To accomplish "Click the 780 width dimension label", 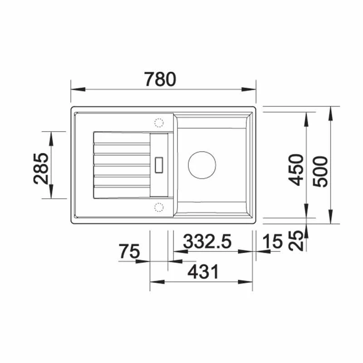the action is (x=160, y=79).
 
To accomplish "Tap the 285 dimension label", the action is (x=41, y=168).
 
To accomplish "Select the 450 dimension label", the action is (x=296, y=170).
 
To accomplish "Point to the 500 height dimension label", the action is (x=320, y=172).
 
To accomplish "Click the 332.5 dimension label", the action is (x=207, y=241).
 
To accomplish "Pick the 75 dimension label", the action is (x=129, y=251).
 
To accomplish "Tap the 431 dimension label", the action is (x=203, y=271).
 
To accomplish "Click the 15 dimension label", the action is (x=273, y=241).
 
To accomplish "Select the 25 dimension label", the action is (x=296, y=240).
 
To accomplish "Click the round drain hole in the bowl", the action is (x=202, y=165).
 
